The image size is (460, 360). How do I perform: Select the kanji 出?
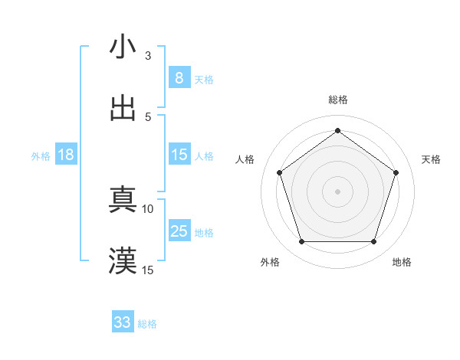123,108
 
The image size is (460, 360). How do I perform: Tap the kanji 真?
123,201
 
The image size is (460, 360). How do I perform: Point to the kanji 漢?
123,261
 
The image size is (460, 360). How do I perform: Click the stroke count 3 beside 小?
148,56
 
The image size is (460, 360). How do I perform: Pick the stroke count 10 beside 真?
148,208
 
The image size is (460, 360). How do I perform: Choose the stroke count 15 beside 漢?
148,270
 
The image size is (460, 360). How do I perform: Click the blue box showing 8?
179,78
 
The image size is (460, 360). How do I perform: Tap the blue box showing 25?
179,231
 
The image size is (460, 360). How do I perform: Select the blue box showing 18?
66,155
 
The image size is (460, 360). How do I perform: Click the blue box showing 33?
123,322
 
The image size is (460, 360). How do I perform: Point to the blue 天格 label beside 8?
204,80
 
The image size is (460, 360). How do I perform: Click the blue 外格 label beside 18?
41,156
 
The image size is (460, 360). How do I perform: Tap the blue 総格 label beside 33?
147,324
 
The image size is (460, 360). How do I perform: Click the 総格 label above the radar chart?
338,100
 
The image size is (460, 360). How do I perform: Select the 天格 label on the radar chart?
432,159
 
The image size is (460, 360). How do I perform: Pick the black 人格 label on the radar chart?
245,159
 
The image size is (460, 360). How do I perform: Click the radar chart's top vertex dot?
338,130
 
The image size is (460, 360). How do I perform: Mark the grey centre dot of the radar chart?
338,191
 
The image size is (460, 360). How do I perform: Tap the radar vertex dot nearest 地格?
374,242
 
